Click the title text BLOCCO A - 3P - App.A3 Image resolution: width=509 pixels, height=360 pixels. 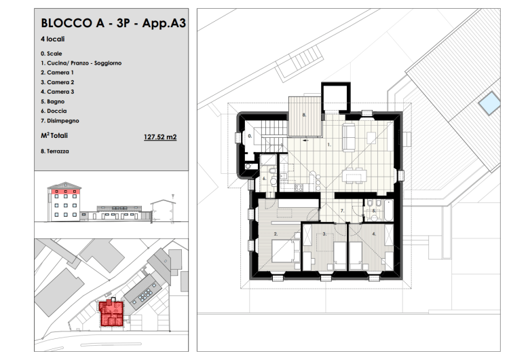(113, 23)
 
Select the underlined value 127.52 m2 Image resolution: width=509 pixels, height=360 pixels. (160, 137)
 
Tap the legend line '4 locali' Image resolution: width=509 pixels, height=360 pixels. (52, 39)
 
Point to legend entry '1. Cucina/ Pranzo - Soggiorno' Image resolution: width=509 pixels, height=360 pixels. (81, 63)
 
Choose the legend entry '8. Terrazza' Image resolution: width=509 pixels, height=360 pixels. (55, 151)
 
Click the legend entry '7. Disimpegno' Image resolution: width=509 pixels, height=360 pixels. (60, 120)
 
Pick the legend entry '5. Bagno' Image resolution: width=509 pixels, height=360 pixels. (52, 101)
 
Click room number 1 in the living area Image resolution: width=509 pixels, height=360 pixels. (329, 145)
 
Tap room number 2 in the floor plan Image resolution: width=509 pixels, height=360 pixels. (276, 234)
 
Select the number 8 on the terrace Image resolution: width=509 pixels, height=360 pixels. (304, 115)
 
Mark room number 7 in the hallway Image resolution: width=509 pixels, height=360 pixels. (342, 211)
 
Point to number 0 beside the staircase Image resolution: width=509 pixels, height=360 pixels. (250, 136)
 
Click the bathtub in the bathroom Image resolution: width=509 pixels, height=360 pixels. (389, 210)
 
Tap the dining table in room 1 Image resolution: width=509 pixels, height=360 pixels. (354, 177)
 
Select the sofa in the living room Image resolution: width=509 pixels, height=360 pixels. (349, 137)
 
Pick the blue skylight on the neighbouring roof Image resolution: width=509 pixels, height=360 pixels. (489, 103)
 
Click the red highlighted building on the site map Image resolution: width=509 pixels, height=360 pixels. (111, 314)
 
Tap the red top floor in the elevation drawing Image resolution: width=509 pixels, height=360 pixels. (64, 192)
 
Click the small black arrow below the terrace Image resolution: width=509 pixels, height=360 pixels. (305, 141)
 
